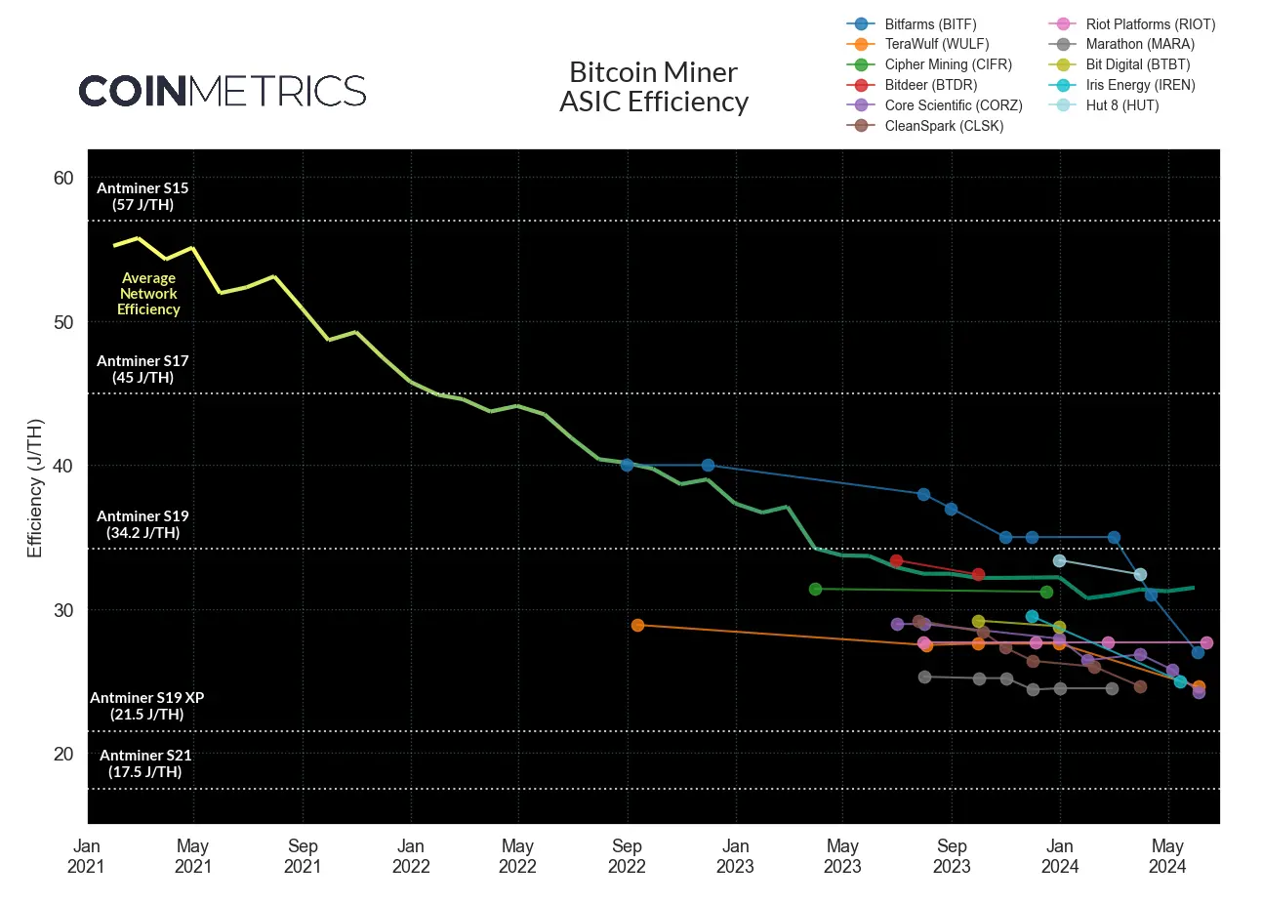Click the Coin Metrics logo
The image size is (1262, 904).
[223, 91]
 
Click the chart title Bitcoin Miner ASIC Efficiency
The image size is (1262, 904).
[653, 87]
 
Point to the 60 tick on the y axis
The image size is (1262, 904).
[63, 178]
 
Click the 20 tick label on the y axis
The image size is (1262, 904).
[63, 754]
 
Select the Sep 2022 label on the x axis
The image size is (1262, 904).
[627, 856]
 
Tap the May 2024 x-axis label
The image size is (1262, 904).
[1167, 856]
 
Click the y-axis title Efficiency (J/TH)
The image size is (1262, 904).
[35, 488]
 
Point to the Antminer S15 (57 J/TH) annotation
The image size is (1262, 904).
[142, 196]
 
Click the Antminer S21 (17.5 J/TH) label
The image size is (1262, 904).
[145, 763]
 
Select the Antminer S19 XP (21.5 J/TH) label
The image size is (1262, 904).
[146, 706]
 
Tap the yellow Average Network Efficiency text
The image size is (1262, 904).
[148, 294]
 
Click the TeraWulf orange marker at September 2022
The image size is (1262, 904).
[637, 625]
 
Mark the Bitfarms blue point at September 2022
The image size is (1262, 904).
[627, 465]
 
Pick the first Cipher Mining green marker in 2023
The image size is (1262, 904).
[816, 589]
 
